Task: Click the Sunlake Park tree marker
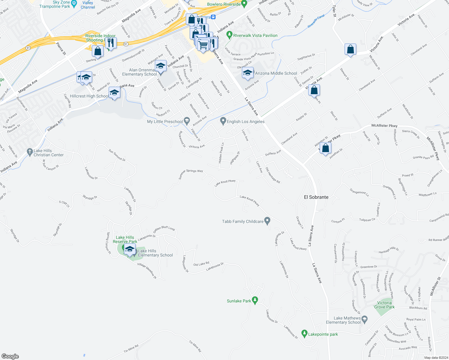255,300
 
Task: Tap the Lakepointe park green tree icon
304,334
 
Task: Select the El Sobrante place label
316,197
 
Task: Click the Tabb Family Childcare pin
267,221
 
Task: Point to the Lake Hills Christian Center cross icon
29,152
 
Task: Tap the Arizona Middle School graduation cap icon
248,73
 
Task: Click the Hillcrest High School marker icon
114,93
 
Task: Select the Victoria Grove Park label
384,305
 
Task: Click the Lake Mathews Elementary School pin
365,319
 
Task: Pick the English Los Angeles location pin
223,121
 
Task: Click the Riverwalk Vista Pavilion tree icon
229,35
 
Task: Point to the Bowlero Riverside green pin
244,4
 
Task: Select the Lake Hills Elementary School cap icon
130,250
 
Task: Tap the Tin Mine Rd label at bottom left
131,349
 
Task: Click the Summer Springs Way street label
191,174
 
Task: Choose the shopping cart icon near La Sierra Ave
203,46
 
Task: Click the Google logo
10,356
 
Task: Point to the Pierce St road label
61,49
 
